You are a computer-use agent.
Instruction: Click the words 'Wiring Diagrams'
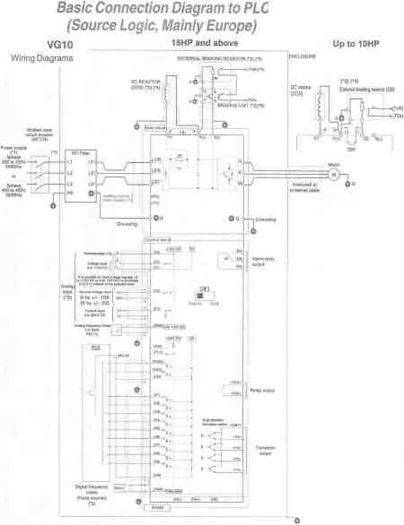41,58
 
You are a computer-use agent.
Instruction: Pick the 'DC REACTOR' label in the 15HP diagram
145,84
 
